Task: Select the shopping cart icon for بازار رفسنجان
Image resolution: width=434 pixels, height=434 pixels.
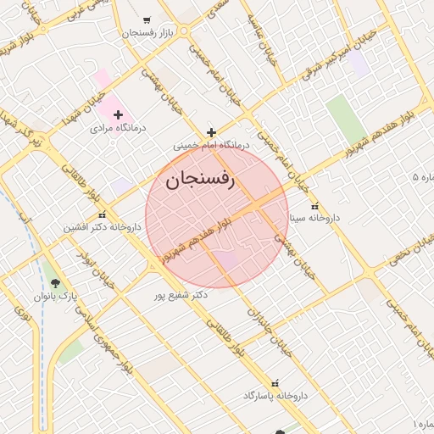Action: pos(147,19)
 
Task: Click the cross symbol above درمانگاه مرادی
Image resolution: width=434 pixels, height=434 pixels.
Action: pos(118,114)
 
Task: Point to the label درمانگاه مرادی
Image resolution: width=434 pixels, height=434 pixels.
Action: pos(119,128)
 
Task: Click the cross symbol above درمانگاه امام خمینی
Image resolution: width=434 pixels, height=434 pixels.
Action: pos(211,132)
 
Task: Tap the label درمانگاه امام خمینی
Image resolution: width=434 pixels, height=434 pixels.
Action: pos(212,145)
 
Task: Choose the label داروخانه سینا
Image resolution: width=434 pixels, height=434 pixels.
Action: pos(314,218)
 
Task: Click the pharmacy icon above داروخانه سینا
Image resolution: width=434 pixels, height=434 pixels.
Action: pos(315,205)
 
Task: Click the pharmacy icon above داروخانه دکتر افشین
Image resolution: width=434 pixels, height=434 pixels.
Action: pos(103,214)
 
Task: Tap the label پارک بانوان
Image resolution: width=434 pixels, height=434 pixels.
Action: pos(56,297)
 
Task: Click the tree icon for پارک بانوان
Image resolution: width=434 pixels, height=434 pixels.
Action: pos(56,283)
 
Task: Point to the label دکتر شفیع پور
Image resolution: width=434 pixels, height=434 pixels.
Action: pos(181,296)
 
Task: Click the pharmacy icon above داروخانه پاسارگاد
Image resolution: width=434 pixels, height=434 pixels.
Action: pos(274,383)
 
